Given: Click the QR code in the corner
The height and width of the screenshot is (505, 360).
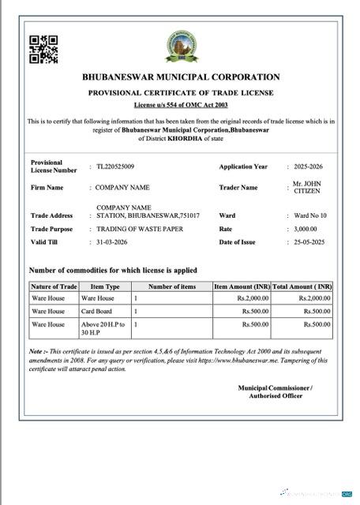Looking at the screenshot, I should pos(43,49).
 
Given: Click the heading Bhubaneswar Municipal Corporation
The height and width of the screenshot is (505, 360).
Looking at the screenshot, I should pos(181,77).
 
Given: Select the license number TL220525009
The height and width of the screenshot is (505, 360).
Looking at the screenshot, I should pos(115,166).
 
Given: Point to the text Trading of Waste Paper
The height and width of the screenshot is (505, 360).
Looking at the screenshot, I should pos(140,229).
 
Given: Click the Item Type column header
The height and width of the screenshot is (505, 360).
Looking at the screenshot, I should pos(105,286).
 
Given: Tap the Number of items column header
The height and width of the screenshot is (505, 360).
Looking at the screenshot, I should pos(171,286).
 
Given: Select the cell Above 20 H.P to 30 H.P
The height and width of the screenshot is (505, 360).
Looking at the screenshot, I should pos(103,328).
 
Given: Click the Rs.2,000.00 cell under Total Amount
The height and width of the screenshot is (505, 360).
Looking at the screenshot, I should pos(314,299).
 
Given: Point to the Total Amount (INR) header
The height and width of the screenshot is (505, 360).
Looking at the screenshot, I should pos(302,286).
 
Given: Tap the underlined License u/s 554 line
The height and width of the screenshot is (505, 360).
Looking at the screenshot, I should pos(181,104).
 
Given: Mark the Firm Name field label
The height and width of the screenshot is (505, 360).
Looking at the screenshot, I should pos(47,188).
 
